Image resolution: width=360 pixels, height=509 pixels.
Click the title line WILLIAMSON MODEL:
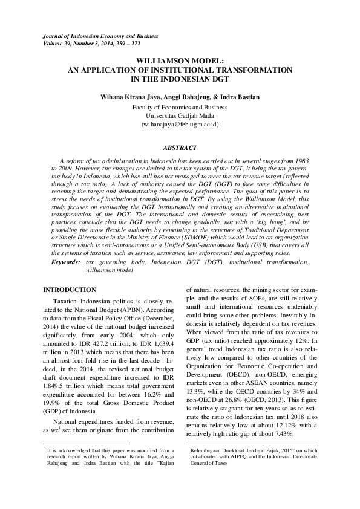180,62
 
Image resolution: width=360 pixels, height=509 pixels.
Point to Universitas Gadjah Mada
180,115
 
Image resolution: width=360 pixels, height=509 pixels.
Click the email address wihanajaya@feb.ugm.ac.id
180,123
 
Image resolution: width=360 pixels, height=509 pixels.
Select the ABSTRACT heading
180,147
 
